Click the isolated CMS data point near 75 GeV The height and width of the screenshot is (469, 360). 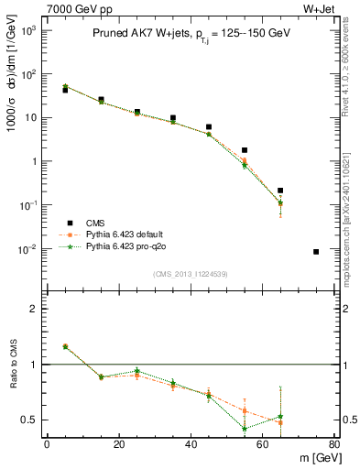(x=316, y=252)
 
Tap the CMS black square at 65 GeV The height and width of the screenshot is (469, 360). (x=280, y=191)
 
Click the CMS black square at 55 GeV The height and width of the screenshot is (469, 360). (x=245, y=150)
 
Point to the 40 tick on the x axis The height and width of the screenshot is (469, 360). (x=191, y=445)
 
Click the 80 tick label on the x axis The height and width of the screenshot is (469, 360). (x=333, y=445)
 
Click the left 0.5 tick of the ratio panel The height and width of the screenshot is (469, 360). (x=31, y=420)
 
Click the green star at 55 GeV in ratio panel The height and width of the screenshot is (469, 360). (x=245, y=428)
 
